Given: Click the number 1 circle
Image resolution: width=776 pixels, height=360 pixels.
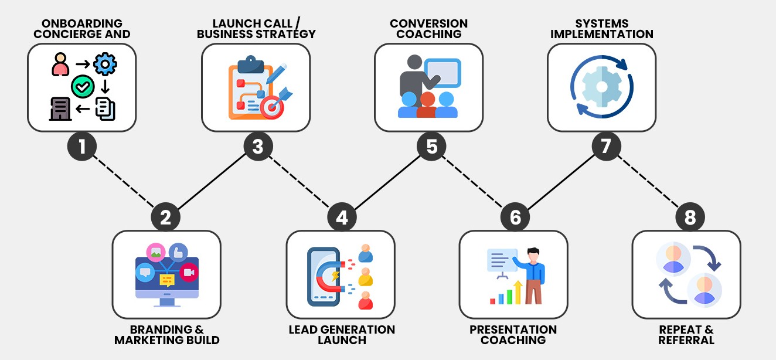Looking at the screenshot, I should pos(82,146).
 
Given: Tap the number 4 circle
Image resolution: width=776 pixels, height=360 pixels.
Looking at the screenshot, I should pos(342,218).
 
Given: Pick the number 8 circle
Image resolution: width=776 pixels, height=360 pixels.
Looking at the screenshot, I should pos(690,218).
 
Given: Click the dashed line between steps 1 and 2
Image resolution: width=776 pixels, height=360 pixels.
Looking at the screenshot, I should pos(124,182).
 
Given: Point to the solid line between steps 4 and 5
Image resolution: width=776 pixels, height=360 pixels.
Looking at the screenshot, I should pos(387,182).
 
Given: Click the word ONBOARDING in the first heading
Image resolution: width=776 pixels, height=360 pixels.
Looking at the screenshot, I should pos(82,24).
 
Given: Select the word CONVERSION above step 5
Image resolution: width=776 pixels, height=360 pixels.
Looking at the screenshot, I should pos(429,24).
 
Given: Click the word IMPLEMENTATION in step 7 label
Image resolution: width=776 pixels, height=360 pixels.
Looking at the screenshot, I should pos(602,34).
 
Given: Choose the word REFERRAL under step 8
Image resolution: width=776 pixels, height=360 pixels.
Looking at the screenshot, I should pos(686,340).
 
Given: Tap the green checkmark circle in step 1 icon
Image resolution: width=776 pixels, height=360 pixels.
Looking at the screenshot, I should pos(82,87).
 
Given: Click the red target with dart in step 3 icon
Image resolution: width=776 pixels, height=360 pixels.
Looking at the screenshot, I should pos(273,107).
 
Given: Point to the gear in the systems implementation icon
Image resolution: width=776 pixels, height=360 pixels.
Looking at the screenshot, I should pos(601,87).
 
